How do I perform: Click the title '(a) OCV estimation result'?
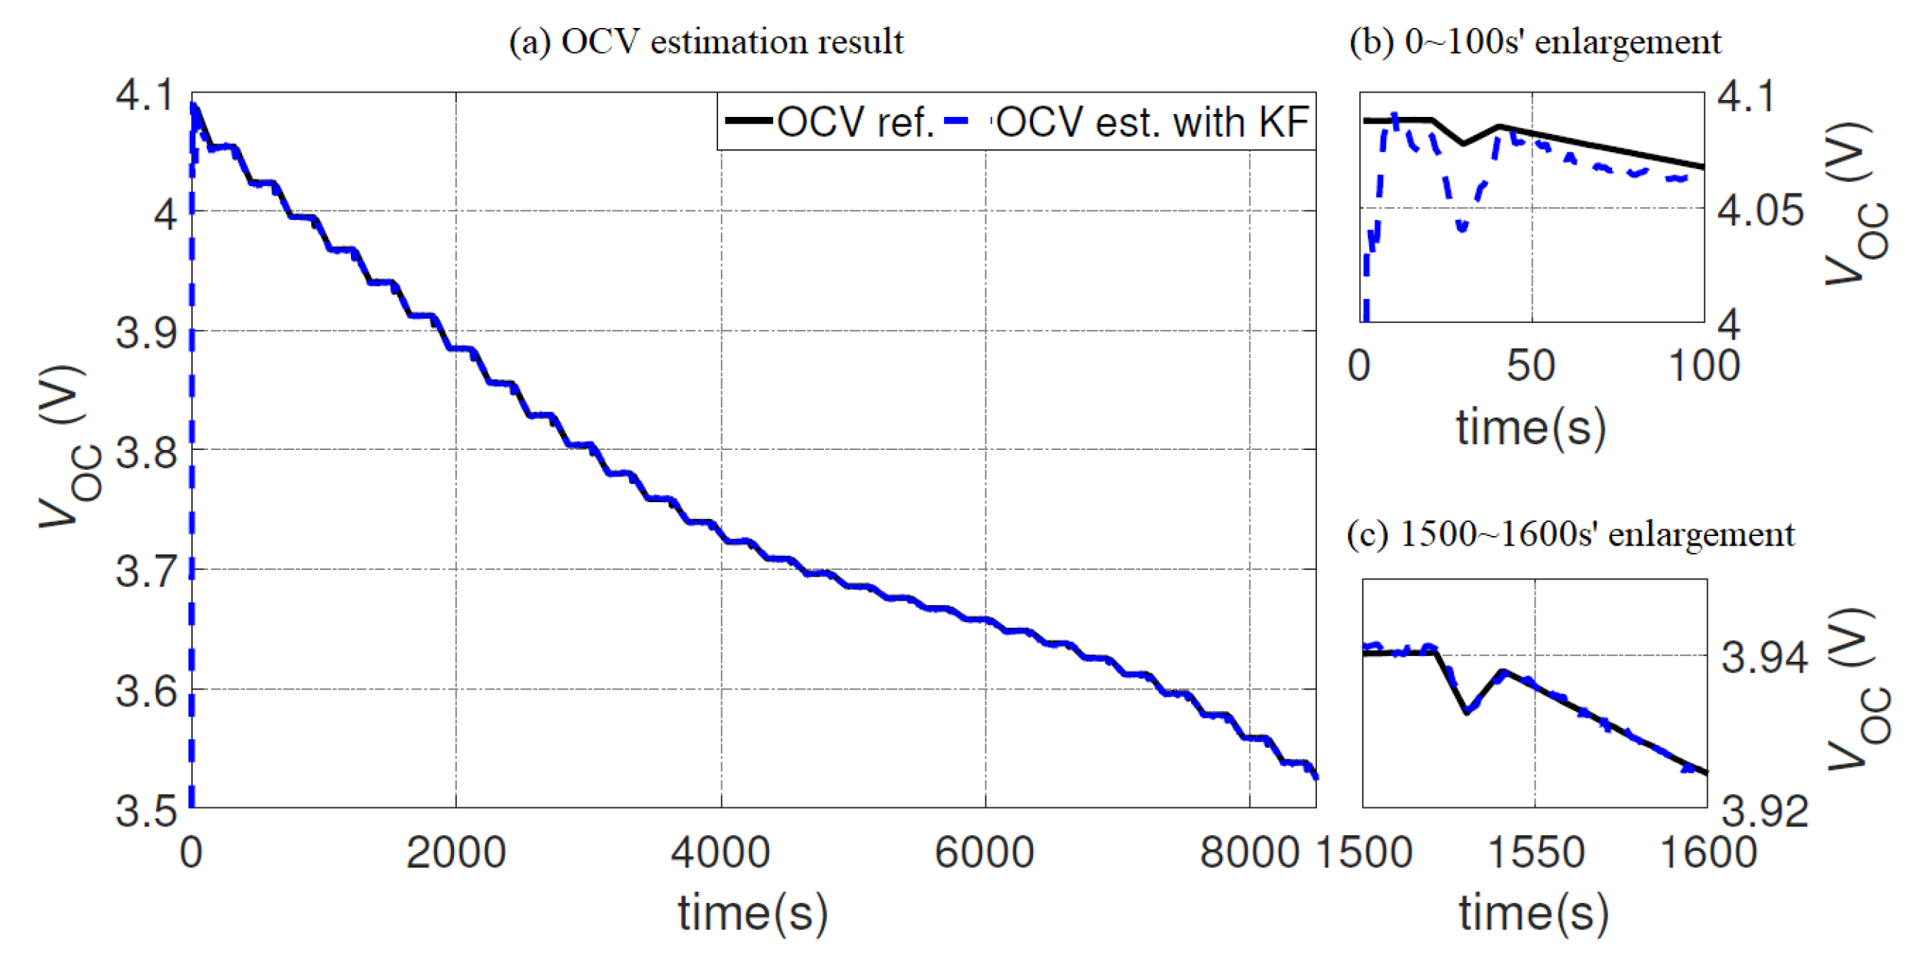tap(706, 42)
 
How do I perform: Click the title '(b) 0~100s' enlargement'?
tap(1534, 42)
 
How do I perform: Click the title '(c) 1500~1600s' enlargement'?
tap(1570, 535)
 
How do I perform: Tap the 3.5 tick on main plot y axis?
tap(146, 810)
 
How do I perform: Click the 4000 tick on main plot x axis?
tap(720, 852)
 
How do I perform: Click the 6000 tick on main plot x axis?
tap(984, 852)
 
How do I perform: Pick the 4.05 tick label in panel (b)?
tap(1761, 211)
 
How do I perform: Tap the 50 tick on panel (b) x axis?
tap(1530, 366)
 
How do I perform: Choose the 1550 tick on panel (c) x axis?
tap(1536, 852)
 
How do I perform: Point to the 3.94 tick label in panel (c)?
tap(1764, 657)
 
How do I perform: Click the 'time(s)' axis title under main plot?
tap(752, 912)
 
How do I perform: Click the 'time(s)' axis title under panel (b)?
tap(1530, 428)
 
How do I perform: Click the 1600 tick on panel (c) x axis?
tap(1708, 852)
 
